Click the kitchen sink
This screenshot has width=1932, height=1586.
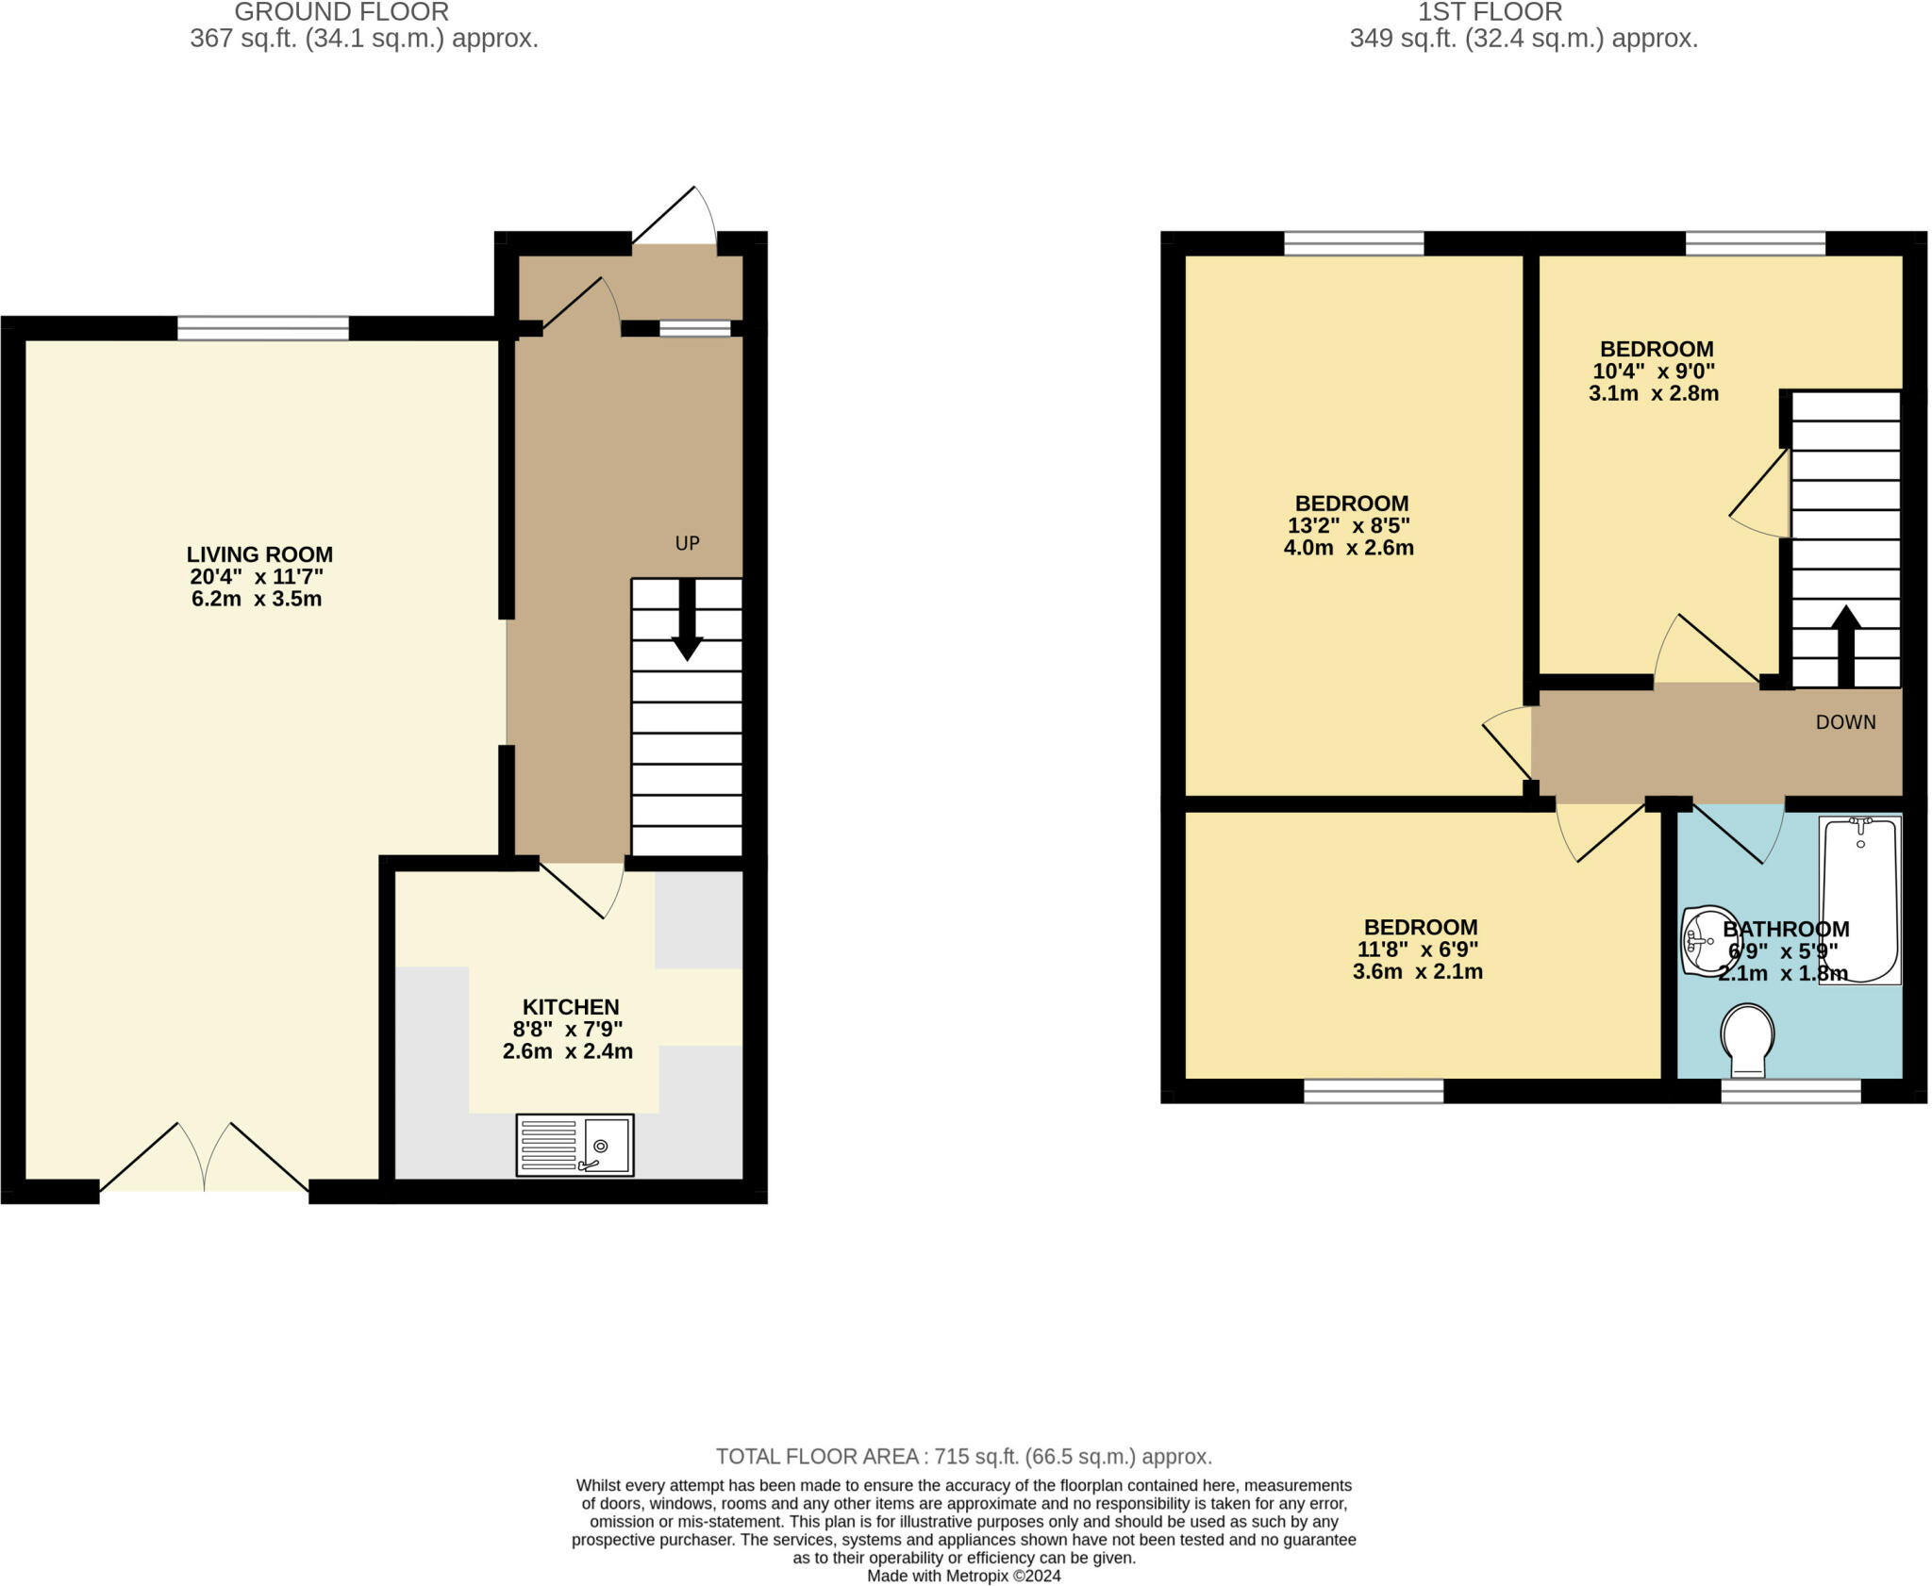point(575,1145)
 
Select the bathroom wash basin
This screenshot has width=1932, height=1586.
point(1709,940)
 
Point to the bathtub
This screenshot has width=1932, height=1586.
point(1859,900)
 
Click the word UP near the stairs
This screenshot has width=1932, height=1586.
point(688,543)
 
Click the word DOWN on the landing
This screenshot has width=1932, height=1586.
point(1846,722)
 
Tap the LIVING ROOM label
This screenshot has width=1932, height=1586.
point(259,554)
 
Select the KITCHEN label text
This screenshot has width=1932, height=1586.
point(571,1007)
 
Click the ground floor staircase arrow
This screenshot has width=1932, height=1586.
point(687,620)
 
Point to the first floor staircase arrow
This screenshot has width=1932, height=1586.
point(1845,646)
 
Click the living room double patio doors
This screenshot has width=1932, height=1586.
point(204,1156)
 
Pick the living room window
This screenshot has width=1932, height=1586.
point(263,328)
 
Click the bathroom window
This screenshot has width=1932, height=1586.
point(1790,1091)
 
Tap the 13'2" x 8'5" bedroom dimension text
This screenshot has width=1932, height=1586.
point(1349,525)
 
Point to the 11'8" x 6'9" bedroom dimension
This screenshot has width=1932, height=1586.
point(1417,949)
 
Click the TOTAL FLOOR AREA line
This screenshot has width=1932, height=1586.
point(964,1456)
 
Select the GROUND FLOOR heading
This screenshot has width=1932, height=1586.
point(341,12)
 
